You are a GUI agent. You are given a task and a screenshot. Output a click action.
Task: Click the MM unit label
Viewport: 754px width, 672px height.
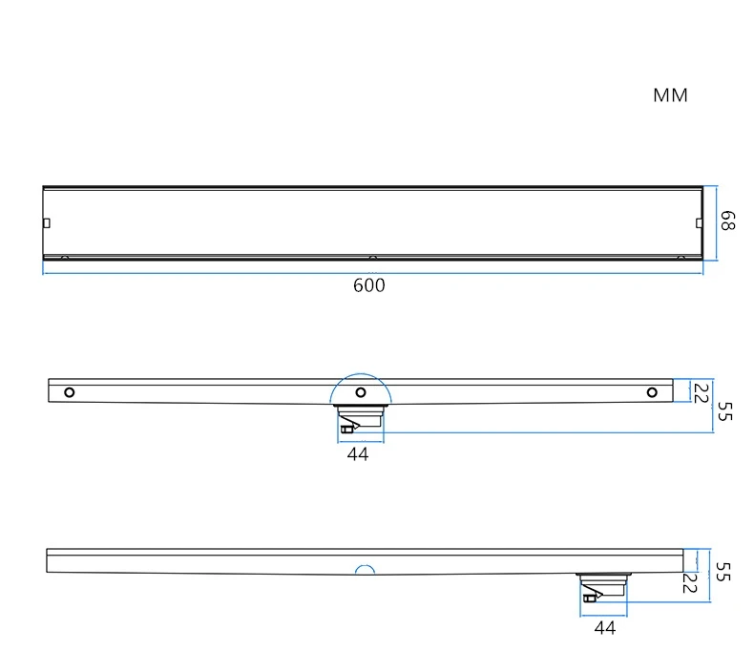click(x=670, y=95)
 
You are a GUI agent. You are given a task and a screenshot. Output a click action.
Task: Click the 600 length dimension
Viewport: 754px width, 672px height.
click(x=368, y=285)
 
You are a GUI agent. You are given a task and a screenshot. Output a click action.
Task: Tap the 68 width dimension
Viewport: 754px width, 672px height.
click(x=727, y=220)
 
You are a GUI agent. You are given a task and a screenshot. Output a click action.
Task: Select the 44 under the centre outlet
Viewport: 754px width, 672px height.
click(x=358, y=454)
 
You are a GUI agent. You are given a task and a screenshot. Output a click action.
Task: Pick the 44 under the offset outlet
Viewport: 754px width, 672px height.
click(x=605, y=628)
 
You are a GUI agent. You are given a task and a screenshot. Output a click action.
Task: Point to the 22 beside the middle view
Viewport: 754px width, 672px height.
click(x=702, y=393)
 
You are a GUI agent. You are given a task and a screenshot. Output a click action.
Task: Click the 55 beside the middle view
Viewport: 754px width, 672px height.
click(x=724, y=411)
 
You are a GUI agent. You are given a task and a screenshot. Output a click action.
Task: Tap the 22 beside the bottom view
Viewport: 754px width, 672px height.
click(x=689, y=582)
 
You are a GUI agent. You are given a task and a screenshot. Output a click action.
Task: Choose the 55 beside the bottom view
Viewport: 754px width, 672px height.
click(x=723, y=572)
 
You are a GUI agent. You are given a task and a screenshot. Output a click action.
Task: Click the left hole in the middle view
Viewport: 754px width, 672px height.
click(x=70, y=392)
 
